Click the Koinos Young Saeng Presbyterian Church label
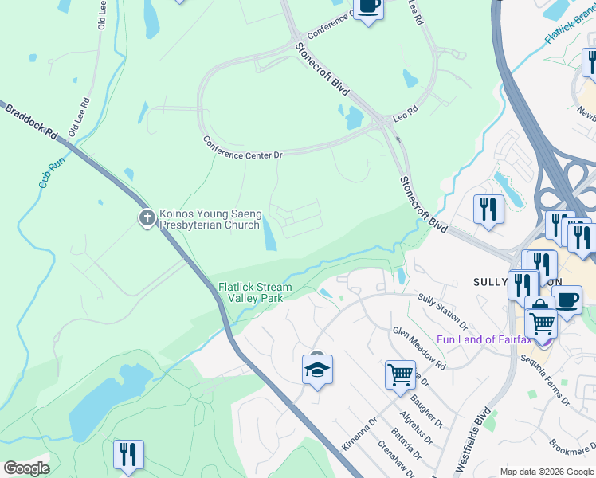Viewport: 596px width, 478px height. (x=210, y=219)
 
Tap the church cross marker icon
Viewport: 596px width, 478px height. (x=147, y=217)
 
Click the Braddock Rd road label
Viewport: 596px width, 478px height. (x=32, y=121)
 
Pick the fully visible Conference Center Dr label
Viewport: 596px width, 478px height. (x=243, y=147)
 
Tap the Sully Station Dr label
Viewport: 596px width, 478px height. (x=442, y=311)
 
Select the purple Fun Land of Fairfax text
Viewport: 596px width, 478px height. (x=484, y=339)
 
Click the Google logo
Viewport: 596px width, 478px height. (x=27, y=468)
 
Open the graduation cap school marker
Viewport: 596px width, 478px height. (x=317, y=370)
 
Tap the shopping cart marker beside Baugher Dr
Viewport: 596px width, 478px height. (x=399, y=373)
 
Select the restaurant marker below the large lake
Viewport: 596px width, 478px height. (x=128, y=454)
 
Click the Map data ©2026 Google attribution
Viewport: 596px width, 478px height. (x=547, y=472)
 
